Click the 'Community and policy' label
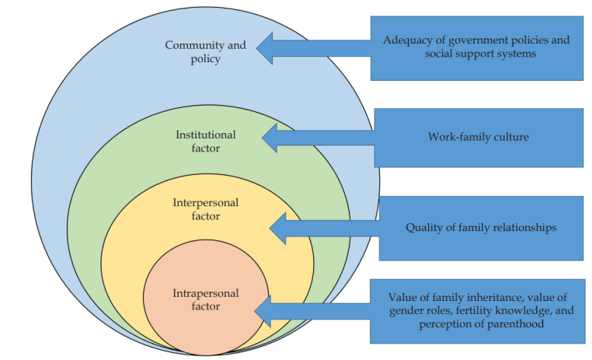[205, 52]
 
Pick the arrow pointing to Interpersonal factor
[322, 228]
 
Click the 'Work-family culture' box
[478, 138]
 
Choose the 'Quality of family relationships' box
[481, 228]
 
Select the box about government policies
[476, 47]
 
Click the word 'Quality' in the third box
[424, 228]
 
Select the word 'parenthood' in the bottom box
[510, 325]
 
